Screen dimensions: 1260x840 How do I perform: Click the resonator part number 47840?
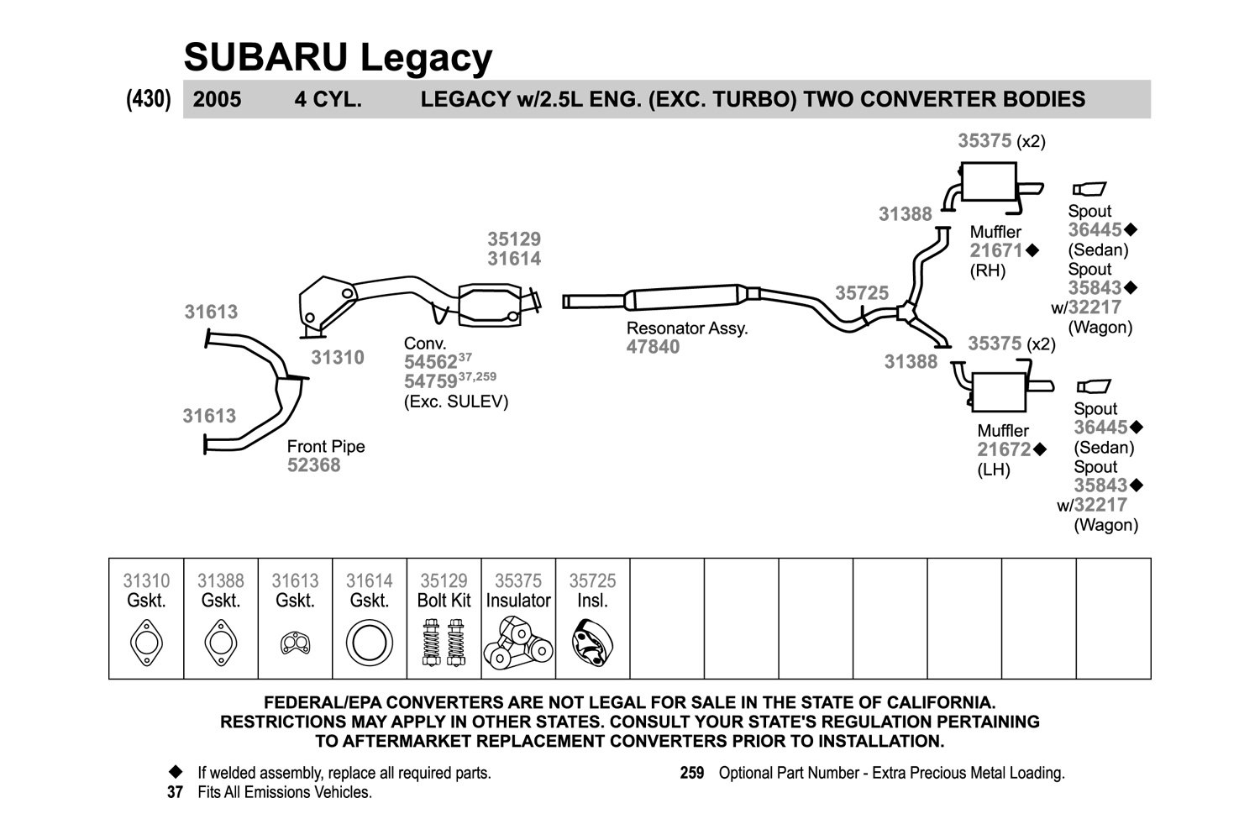coord(653,347)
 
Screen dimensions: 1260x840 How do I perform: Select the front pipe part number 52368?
coord(313,465)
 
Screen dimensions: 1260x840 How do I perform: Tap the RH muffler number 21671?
coord(995,250)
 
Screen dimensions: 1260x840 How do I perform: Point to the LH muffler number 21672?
coord(1004,449)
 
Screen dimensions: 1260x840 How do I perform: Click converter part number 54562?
coord(430,362)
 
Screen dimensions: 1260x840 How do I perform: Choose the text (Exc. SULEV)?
coord(455,402)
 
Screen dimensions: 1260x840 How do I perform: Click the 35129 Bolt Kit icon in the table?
coord(444,643)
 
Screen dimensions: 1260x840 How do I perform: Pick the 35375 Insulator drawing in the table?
coord(518,643)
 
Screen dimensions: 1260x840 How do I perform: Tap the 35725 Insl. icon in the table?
coord(592,643)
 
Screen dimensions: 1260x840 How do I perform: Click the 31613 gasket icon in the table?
coord(295,643)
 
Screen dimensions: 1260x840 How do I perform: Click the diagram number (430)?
coord(149,99)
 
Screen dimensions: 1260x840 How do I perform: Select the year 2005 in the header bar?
coord(217,100)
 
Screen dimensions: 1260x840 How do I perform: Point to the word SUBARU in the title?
coord(266,57)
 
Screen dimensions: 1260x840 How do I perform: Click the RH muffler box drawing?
coord(989,181)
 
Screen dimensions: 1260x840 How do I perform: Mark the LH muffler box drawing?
coord(999,391)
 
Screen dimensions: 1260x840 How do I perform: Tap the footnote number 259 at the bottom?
coord(692,773)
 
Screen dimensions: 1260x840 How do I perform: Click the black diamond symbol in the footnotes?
coord(176,771)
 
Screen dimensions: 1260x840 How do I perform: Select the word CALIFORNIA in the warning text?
coord(941,703)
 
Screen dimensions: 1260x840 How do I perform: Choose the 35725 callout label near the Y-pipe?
coord(861,293)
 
